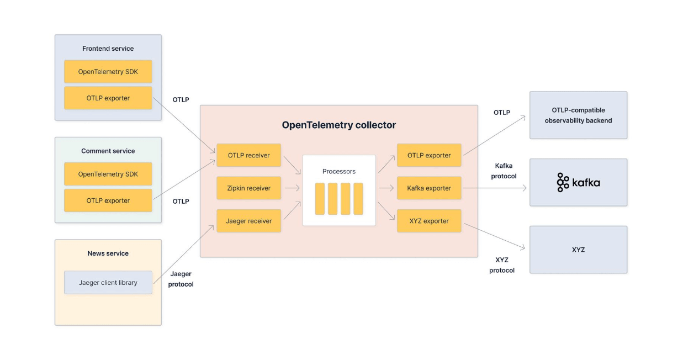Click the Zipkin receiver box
[248, 188]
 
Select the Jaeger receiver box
[248, 221]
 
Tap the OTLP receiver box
[248, 155]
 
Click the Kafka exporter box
[428, 188]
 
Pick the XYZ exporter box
[428, 221]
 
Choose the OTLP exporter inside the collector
[428, 155]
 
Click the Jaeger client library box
[108, 283]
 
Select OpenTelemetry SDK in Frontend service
[108, 72]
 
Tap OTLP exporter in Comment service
[108, 200]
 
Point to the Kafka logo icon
[563, 182]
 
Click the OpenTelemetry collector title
[338, 125]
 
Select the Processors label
[339, 171]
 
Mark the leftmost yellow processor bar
[320, 199]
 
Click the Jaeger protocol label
[181, 279]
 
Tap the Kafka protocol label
[503, 171]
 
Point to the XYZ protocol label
[501, 265]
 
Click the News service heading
[108, 253]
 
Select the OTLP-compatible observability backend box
[578, 115]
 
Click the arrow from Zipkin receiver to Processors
[292, 188]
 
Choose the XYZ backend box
[578, 250]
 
